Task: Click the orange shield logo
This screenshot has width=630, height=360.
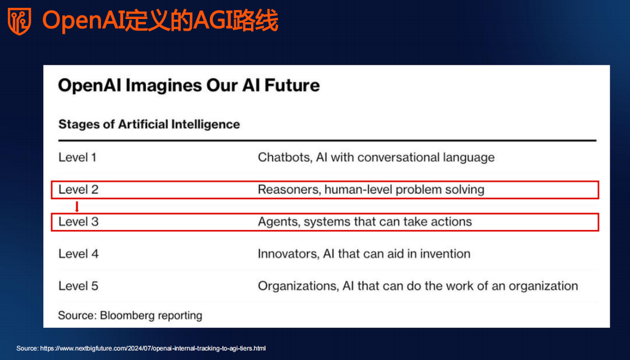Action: coord(19,22)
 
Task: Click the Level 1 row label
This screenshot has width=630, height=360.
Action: coord(78,157)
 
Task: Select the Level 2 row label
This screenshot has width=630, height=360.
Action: coord(78,190)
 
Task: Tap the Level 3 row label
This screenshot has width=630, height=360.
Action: coord(78,222)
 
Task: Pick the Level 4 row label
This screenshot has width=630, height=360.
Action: coord(78,254)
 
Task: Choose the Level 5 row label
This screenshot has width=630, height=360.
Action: coord(78,286)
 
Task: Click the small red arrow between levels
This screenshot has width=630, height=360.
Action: coord(77,207)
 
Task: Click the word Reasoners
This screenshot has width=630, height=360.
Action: coord(289,190)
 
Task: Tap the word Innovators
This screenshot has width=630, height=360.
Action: coord(289,254)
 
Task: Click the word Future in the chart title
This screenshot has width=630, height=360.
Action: coord(292,85)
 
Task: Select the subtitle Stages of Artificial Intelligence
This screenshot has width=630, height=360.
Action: coord(149,124)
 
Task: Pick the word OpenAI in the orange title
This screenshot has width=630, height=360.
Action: coord(83,22)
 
